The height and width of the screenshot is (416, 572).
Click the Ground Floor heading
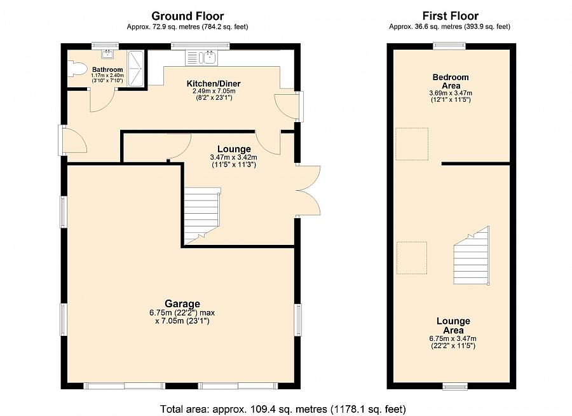click(187, 16)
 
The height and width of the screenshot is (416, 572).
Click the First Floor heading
click(450, 16)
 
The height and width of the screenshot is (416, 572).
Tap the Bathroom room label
click(107, 69)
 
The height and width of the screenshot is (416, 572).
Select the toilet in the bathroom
click(77, 69)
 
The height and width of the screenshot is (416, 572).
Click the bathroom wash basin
click(107, 55)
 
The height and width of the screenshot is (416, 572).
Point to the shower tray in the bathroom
click(135, 69)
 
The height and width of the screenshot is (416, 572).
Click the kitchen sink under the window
click(209, 58)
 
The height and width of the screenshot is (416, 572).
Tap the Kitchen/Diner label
click(214, 83)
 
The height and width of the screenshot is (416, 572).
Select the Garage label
click(182, 303)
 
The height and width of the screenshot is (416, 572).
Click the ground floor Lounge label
click(234, 149)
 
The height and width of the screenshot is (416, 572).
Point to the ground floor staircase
click(201, 216)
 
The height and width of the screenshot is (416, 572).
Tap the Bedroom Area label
click(451, 81)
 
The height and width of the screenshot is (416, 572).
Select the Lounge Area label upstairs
click(453, 326)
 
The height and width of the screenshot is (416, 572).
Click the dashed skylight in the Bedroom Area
click(412, 144)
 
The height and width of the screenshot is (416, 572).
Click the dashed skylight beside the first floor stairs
click(412, 258)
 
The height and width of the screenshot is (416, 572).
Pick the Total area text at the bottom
click(283, 409)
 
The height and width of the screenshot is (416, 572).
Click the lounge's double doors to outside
click(308, 191)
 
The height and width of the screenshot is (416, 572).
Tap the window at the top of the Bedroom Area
click(449, 46)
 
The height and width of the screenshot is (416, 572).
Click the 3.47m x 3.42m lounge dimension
click(233, 157)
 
